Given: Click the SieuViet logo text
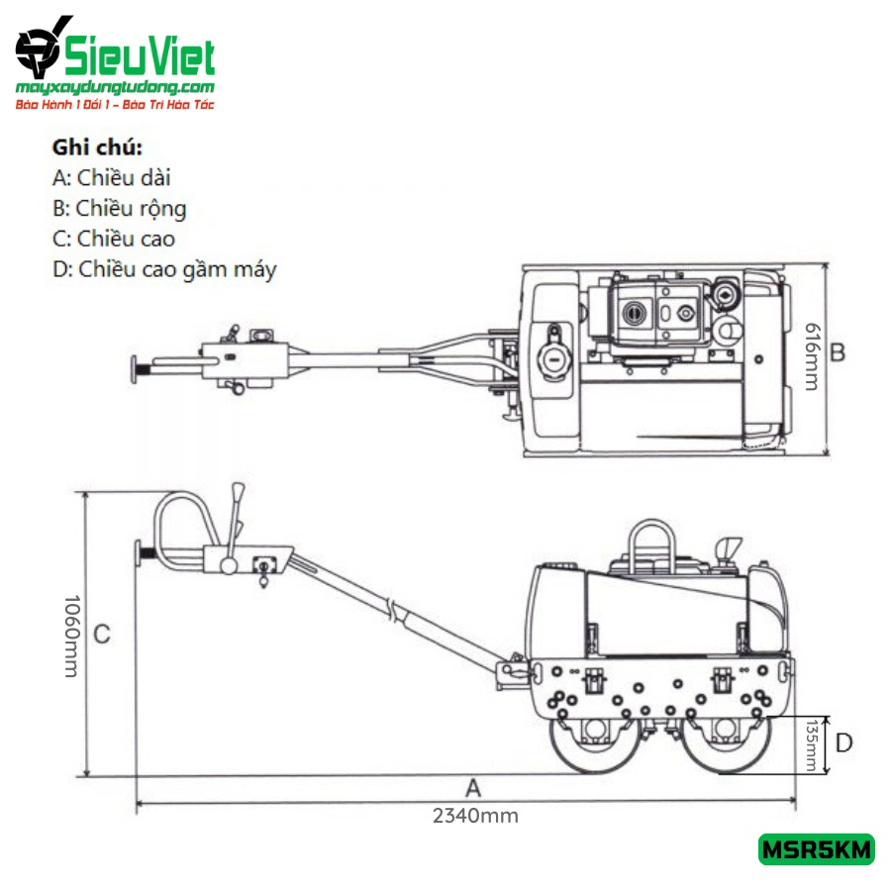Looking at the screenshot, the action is [x=140, y=56].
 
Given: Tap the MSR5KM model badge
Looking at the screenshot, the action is [x=816, y=849].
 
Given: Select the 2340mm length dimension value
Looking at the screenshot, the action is [x=475, y=816].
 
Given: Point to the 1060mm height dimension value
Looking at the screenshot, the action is [x=71, y=637].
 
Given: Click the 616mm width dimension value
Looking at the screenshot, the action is [x=813, y=356].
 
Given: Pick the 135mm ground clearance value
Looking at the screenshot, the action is [x=812, y=744].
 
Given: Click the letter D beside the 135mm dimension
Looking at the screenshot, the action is [x=844, y=742].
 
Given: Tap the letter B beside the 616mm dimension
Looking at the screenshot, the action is [x=838, y=352].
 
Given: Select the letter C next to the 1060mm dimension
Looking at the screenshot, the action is [x=102, y=635].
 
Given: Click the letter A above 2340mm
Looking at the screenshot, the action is [x=473, y=789].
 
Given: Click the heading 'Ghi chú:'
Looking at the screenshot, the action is [x=97, y=148].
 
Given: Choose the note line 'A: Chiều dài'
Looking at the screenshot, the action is [x=111, y=178].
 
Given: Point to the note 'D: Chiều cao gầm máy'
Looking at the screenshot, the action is [x=164, y=270].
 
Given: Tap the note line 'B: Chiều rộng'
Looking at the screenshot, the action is [x=120, y=209].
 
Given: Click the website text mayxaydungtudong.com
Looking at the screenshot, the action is [x=115, y=87].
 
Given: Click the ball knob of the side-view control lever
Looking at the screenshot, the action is [x=229, y=566].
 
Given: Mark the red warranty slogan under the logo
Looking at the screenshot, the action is [x=115, y=105].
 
